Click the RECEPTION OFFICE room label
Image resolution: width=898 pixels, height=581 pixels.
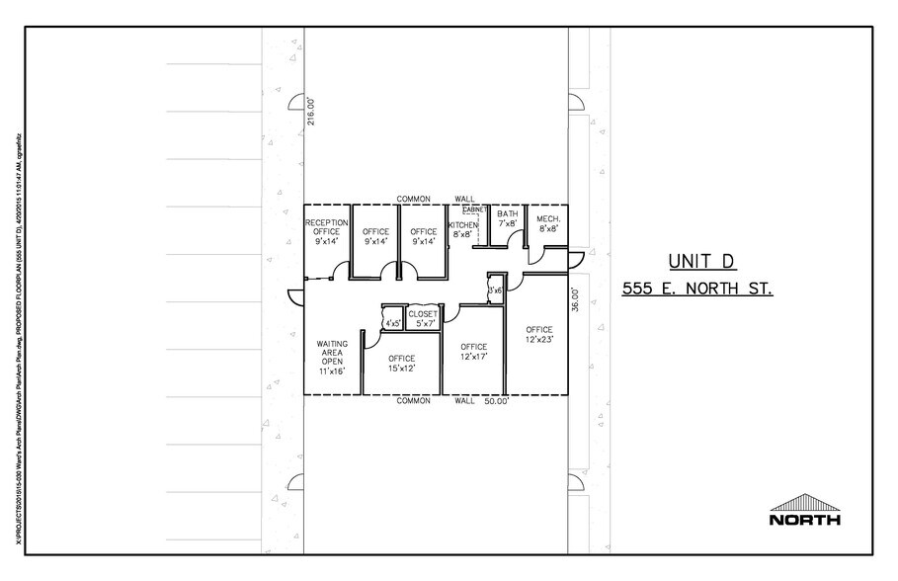pyautogui.click(x=326, y=231)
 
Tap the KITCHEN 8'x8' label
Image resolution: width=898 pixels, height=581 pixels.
pyautogui.click(x=463, y=230)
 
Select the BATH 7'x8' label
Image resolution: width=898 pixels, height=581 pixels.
pyautogui.click(x=508, y=218)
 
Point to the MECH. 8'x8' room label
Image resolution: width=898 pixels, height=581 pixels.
pyautogui.click(x=548, y=222)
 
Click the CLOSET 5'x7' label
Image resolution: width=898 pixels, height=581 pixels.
pyautogui.click(x=426, y=318)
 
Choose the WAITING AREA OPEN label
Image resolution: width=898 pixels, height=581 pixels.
pyautogui.click(x=332, y=358)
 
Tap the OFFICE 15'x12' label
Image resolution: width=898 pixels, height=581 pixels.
pyautogui.click(x=401, y=363)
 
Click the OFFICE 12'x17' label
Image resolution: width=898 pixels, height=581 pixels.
pyautogui.click(x=474, y=352)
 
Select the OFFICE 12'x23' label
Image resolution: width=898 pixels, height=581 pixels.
pyautogui.click(x=539, y=334)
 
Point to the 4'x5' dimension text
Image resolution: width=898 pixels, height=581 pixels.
pyautogui.click(x=392, y=322)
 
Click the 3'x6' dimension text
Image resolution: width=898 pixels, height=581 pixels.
pyautogui.click(x=495, y=290)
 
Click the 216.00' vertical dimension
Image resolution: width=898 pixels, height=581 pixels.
pyautogui.click(x=309, y=110)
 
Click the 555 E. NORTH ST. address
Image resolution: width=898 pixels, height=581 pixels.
pyautogui.click(x=696, y=290)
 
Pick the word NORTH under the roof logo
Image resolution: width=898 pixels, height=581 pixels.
pyautogui.click(x=805, y=519)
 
